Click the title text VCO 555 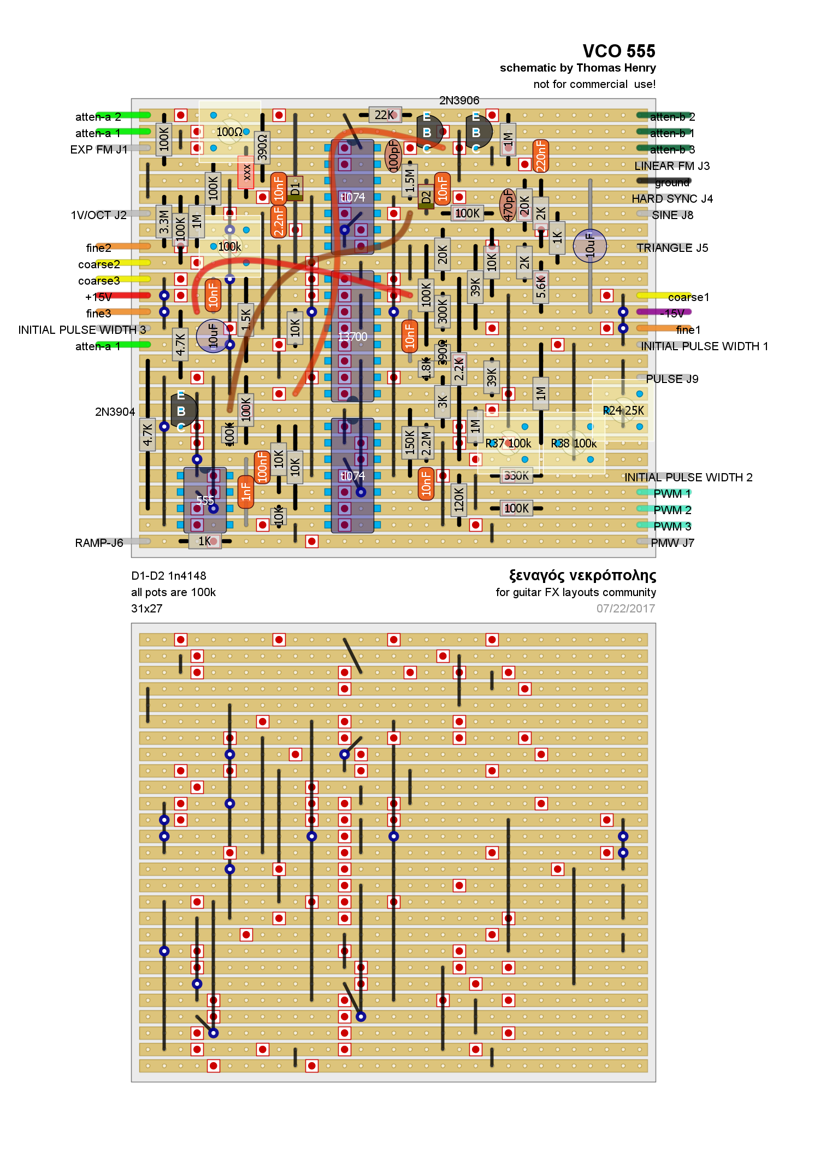point(618,51)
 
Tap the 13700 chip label point(352,337)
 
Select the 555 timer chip point(205,500)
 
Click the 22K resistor point(385,115)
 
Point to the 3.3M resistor point(164,222)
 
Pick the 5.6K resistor point(541,287)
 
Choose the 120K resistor point(459,499)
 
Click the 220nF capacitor point(541,156)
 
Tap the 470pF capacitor point(508,205)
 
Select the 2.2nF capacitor point(279,221)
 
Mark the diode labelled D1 point(295,188)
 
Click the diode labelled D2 point(426,197)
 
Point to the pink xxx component point(246,172)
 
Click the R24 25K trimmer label point(623,410)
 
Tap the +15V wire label point(98,297)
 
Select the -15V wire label point(672,314)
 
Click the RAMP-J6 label point(99,543)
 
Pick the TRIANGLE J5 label point(672,248)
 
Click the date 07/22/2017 point(625,609)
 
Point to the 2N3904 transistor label point(115,412)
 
